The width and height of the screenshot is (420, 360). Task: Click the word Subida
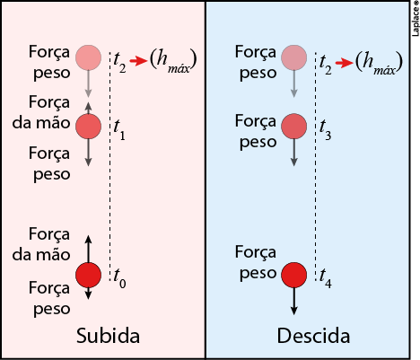tap(108, 336)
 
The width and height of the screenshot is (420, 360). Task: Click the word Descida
tap(313, 336)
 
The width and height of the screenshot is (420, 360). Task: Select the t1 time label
tap(119, 130)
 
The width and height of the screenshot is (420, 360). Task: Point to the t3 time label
tap(325, 130)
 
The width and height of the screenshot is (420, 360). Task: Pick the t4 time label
tap(326, 278)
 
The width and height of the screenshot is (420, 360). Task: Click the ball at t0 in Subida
tap(88, 275)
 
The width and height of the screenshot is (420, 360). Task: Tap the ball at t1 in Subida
tap(88, 126)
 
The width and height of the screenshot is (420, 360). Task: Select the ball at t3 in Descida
tap(294, 126)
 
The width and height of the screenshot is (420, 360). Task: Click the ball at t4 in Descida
tap(294, 275)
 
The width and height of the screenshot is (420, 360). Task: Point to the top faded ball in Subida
tap(88, 57)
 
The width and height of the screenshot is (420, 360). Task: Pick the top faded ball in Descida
tap(294, 57)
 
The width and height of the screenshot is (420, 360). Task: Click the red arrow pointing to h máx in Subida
tap(138, 61)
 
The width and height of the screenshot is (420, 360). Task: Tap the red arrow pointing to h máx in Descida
tap(345, 63)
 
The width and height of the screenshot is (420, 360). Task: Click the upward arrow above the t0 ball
tap(88, 249)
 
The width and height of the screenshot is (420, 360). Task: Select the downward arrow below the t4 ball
tap(294, 301)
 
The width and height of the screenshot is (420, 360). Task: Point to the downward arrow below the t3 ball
tap(294, 153)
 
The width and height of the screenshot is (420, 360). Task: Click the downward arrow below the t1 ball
tap(88, 153)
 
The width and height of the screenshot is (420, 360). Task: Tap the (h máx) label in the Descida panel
tap(379, 62)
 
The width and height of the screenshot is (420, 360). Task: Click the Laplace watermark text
tap(416, 19)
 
